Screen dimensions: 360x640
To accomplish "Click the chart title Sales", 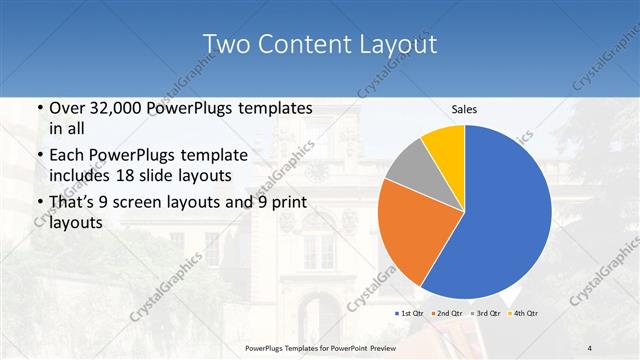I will tap(464, 108).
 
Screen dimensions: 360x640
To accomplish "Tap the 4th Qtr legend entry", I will tap(525, 313).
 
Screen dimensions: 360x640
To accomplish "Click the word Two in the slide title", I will tap(225, 45).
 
